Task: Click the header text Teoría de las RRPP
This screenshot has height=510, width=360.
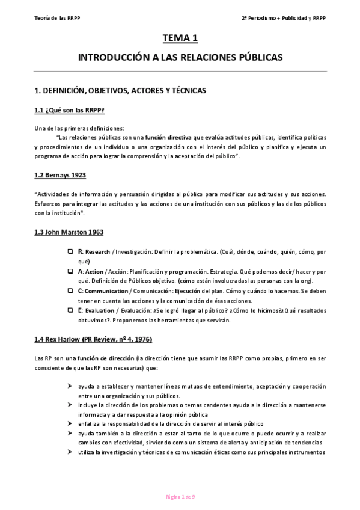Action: [58, 17]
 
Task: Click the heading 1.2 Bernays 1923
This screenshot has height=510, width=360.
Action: [59, 175]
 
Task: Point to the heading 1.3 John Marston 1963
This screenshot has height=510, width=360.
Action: [69, 232]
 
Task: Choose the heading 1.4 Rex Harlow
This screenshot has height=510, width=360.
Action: [93, 339]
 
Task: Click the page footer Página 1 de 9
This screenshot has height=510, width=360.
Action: [180, 496]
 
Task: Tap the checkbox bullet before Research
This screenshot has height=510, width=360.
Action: [70, 251]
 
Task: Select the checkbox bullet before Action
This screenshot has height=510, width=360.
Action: [70, 271]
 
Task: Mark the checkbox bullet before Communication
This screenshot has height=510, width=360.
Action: [70, 290]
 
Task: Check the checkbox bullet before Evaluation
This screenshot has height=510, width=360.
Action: [70, 310]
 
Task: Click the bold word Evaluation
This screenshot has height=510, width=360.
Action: [99, 310]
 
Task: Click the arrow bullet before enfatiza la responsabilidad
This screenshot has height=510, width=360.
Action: [71, 423]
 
